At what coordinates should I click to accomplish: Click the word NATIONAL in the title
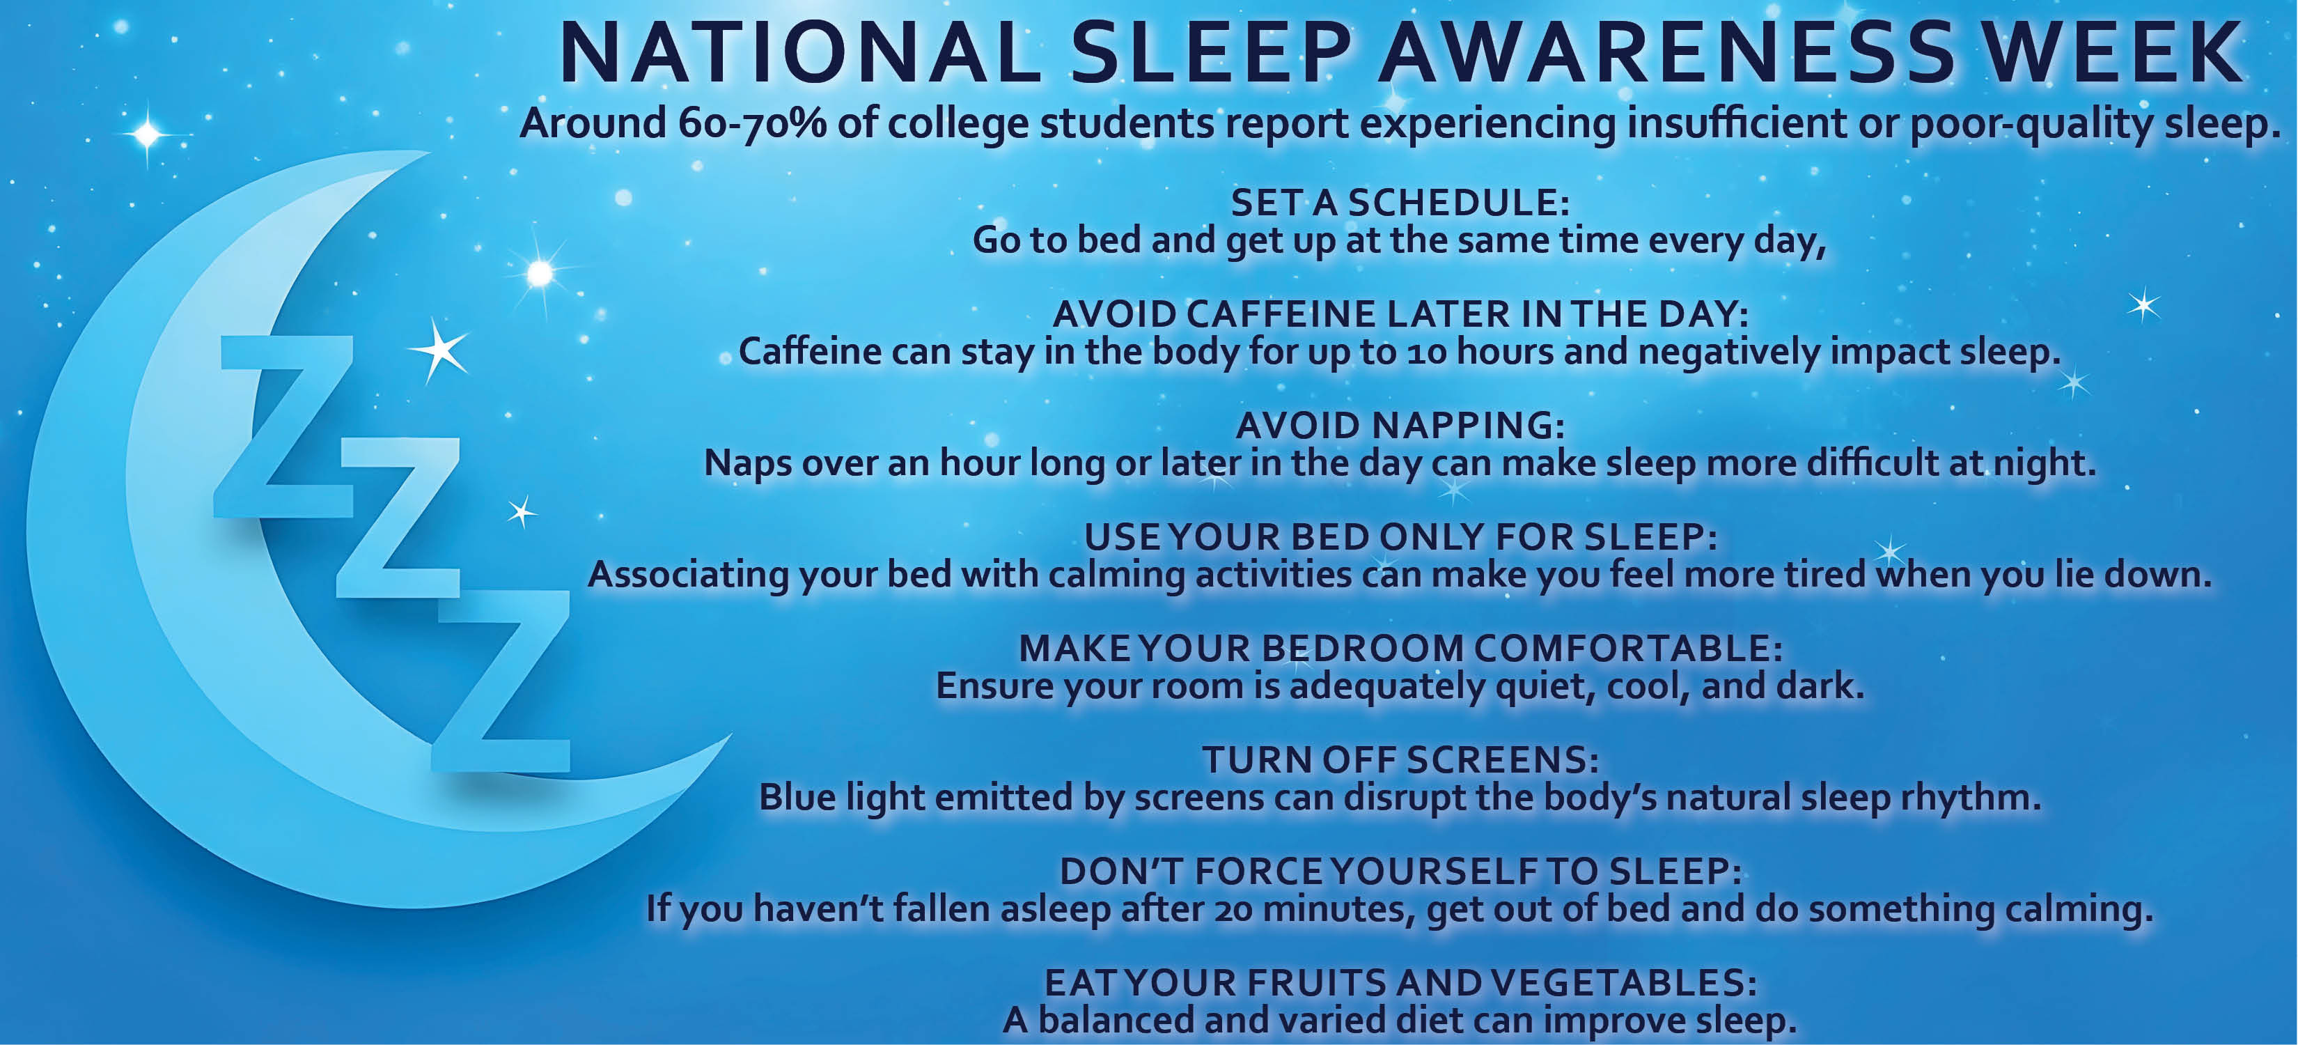799,53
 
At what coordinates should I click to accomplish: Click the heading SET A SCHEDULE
1400,203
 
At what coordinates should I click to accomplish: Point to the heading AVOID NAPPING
1400,426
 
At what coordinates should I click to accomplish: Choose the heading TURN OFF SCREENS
1400,760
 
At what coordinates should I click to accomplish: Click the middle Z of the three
398,518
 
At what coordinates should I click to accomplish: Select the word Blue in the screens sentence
797,797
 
